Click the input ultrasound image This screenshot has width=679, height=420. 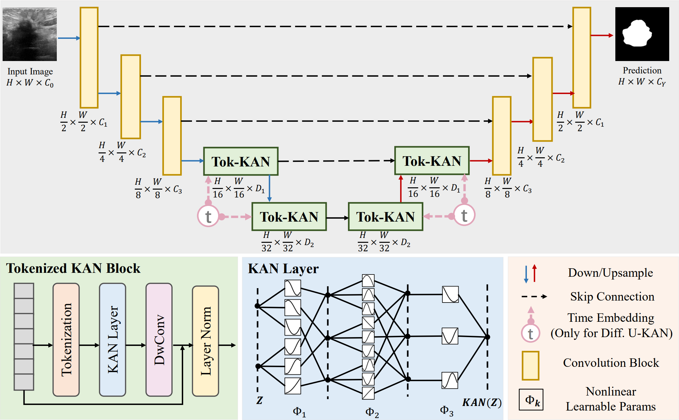30,34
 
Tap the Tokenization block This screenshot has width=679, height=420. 66,340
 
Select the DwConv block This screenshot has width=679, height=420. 159,340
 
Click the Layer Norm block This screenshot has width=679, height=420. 205,341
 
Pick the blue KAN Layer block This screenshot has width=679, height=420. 113,340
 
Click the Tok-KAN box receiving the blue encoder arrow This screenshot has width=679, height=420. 241,161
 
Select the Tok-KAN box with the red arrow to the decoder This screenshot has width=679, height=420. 432,161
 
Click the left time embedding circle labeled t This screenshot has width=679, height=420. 208,216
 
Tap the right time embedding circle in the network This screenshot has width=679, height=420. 464,215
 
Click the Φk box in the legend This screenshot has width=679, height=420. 531,399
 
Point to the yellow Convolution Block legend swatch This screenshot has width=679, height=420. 530,366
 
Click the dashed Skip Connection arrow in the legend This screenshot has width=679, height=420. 534,297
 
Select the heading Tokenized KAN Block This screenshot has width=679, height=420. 73,268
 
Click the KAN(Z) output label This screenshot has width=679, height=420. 482,402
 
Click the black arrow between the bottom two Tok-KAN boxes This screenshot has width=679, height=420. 337,218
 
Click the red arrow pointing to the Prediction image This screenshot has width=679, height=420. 602,35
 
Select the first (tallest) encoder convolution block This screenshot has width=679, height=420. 89,58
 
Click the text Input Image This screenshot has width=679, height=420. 30,71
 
